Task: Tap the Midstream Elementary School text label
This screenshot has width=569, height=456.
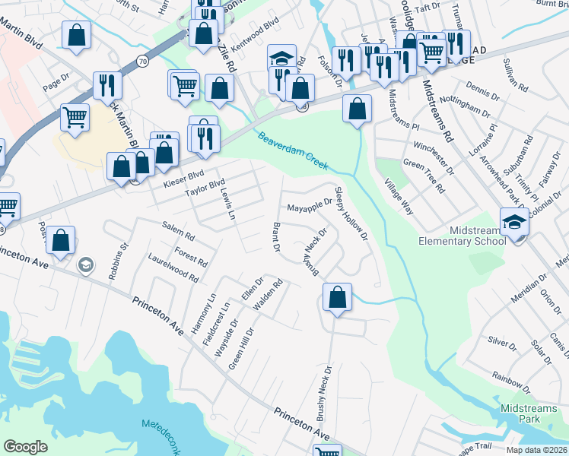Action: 463,236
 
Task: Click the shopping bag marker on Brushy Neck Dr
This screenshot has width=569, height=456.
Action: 338,298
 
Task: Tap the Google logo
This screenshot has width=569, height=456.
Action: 26,447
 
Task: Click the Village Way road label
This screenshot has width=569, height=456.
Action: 399,197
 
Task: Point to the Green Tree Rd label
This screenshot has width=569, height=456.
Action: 423,176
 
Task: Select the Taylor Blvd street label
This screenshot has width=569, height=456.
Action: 205,188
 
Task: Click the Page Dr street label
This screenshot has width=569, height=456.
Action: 56,82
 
